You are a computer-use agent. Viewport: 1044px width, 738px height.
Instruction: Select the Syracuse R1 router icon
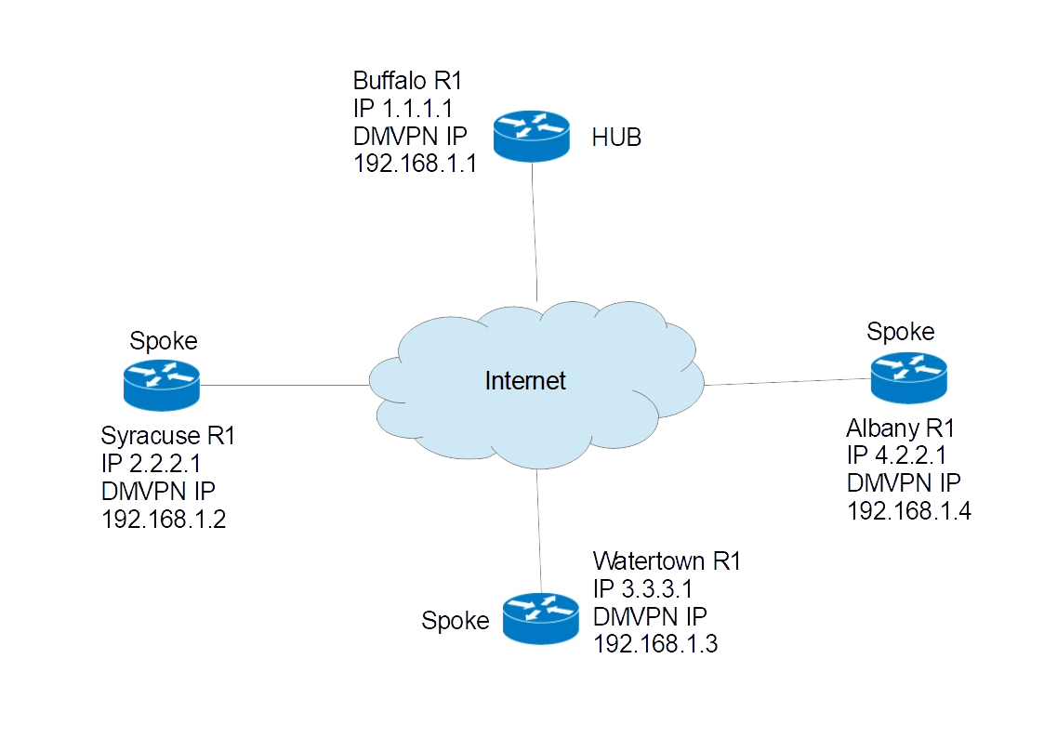coord(160,383)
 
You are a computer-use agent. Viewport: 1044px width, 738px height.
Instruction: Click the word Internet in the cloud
coord(525,380)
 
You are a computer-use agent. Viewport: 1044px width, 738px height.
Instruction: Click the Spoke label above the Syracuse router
coord(163,341)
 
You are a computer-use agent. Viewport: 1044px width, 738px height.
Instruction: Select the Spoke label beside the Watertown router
coord(456,621)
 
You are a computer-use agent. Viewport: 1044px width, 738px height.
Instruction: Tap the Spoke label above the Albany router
coord(900,332)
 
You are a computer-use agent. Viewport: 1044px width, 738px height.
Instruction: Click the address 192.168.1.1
coord(415,165)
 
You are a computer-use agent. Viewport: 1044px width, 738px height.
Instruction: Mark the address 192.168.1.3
coord(656,643)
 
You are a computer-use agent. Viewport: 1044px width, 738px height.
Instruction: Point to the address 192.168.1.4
coord(910,510)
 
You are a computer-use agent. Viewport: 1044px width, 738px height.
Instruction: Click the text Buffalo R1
coord(406,80)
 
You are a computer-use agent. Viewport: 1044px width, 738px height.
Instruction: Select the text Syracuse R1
coord(168,435)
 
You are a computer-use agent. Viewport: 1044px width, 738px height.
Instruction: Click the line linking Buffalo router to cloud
coord(535,232)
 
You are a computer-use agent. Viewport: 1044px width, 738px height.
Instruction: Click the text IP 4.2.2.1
coord(896,455)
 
